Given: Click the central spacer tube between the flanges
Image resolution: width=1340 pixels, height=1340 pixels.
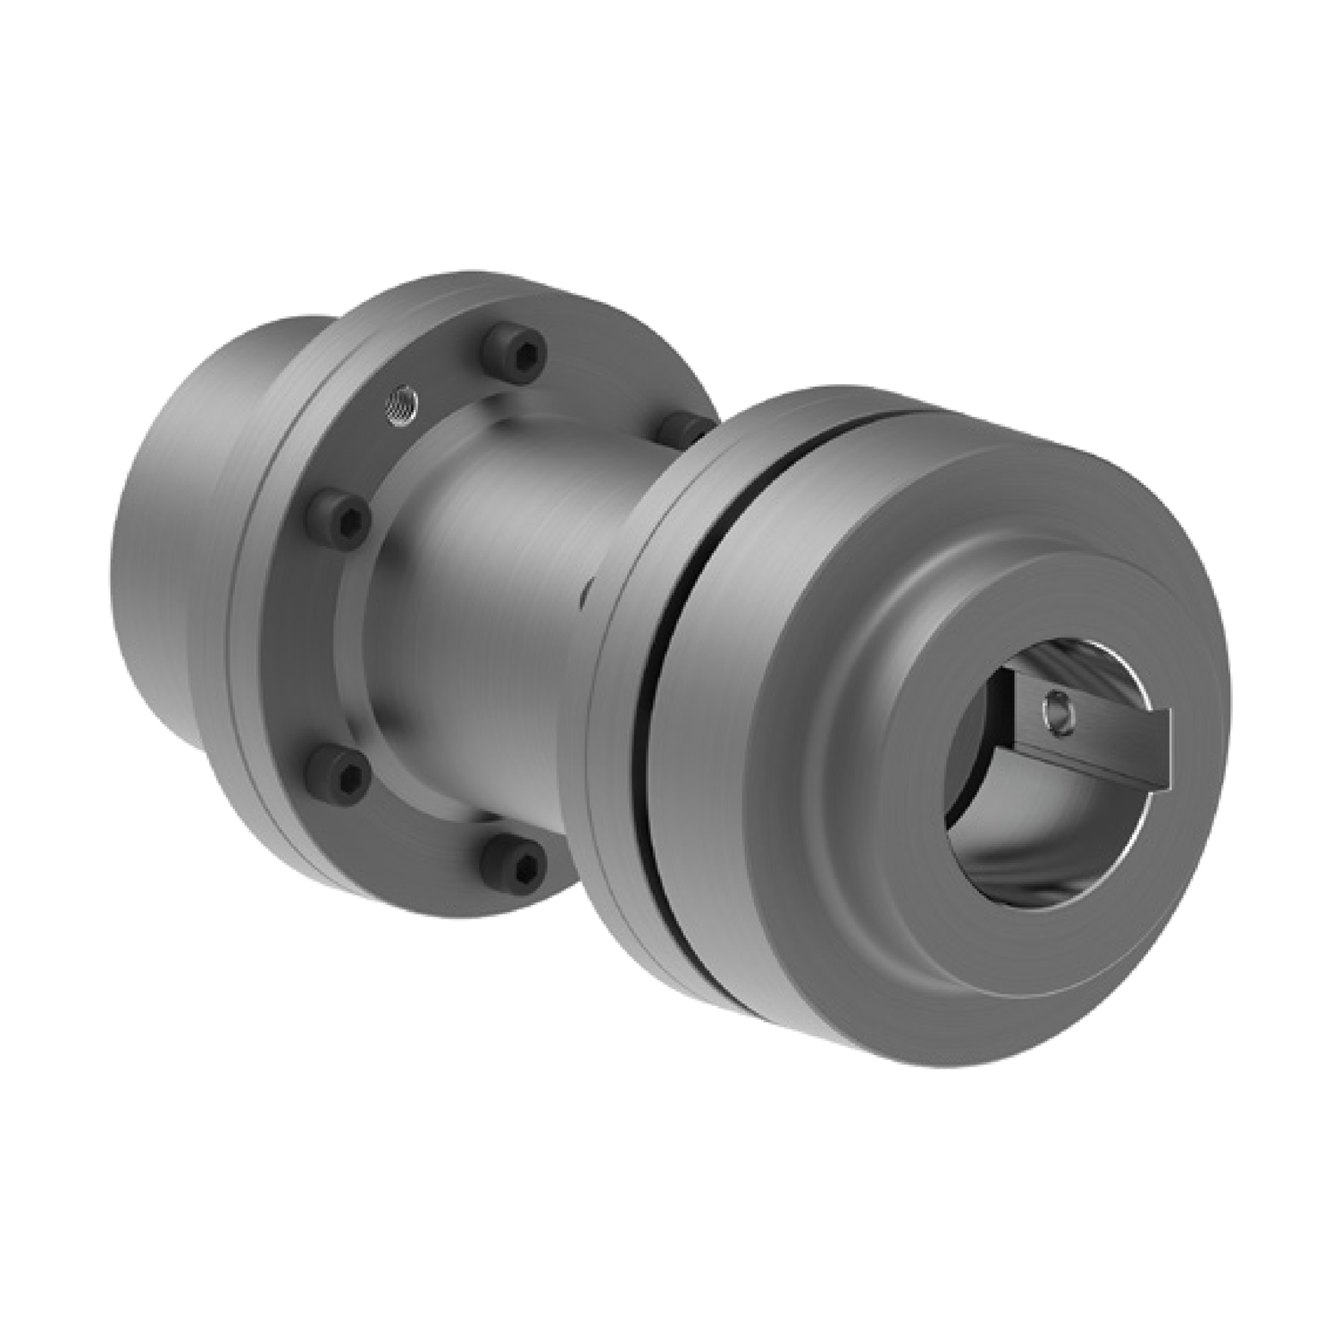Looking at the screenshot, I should [x=500, y=607].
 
